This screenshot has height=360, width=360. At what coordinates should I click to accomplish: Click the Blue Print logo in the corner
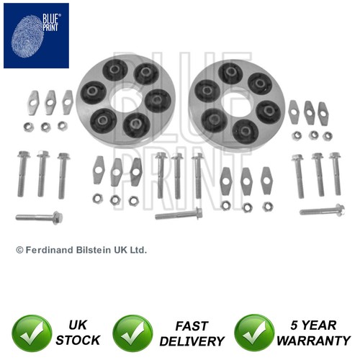(36, 36)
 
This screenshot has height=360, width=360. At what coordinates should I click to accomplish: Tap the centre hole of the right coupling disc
(236, 105)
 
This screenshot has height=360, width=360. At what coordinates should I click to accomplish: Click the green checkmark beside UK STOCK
(32, 333)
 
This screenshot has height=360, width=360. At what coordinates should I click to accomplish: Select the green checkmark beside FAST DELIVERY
(132, 333)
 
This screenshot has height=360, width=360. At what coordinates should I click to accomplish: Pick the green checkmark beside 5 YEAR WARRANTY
(254, 333)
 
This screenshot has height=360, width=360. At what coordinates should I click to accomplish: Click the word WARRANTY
(314, 341)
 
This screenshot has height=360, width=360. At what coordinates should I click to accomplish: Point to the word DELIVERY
(192, 341)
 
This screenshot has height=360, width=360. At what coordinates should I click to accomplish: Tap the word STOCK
(78, 341)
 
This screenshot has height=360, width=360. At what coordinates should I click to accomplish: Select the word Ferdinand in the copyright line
(50, 250)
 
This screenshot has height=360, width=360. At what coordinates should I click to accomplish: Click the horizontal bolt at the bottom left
(39, 217)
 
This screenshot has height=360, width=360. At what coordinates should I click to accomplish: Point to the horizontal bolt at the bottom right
(323, 210)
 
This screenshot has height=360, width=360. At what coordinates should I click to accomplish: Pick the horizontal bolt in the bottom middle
(179, 214)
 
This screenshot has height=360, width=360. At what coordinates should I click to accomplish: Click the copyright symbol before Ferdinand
(19, 251)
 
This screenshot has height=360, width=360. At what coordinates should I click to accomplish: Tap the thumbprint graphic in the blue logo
(27, 37)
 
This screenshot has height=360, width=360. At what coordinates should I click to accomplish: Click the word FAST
(192, 326)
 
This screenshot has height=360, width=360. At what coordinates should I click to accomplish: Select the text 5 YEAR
(313, 325)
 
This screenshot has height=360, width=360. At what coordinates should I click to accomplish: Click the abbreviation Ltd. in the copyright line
(138, 250)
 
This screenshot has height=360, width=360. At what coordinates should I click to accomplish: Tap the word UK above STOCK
(77, 325)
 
